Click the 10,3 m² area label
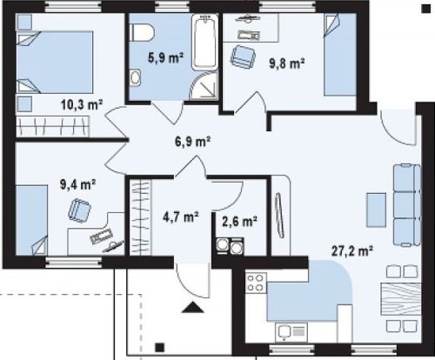(x=82, y=104)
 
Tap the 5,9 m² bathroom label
(x=165, y=57)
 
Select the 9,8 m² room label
(x=287, y=63)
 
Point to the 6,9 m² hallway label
(x=193, y=142)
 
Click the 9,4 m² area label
(x=77, y=184)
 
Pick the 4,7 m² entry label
(x=181, y=217)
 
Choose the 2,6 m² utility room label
(x=239, y=222)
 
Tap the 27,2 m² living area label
(x=352, y=250)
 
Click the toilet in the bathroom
(x=142, y=33)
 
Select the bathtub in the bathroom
(x=205, y=43)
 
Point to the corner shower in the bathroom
(x=204, y=86)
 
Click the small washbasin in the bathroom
(x=135, y=77)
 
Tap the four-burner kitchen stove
(x=256, y=283)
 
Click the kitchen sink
(x=291, y=332)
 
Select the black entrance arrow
(x=192, y=307)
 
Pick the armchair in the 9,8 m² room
(x=244, y=56)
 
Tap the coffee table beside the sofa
(x=376, y=210)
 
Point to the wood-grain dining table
(x=401, y=299)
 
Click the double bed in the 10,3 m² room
(x=55, y=63)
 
